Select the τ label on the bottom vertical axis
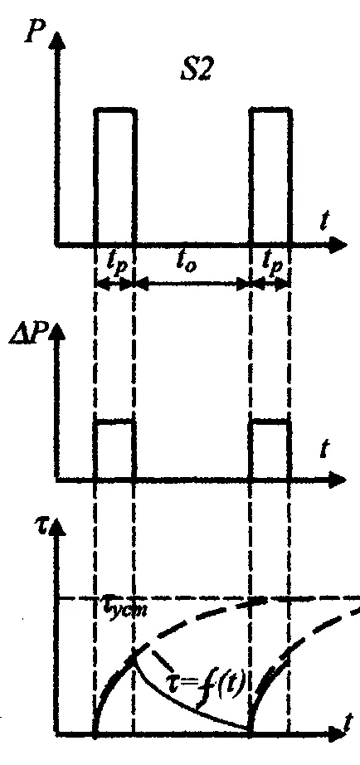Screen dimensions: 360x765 click(42, 527)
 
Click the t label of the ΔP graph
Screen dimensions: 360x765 click(323, 450)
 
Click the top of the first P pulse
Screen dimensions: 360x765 click(114, 110)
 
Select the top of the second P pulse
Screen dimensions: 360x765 click(270, 110)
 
